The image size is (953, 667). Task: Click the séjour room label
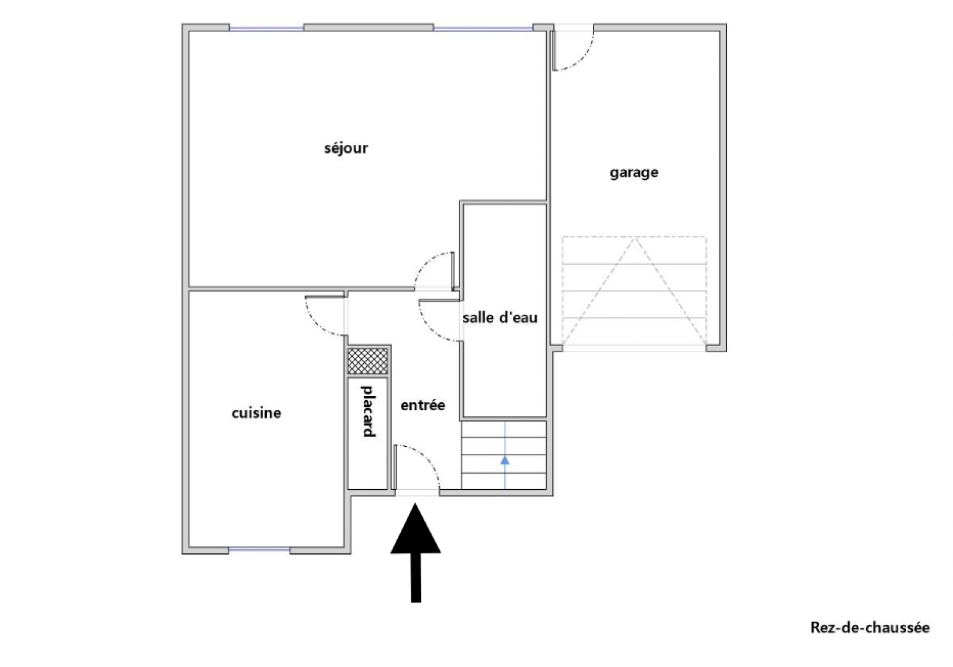click(x=346, y=148)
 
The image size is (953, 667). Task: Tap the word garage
click(x=634, y=172)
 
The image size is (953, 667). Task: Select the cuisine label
click(x=256, y=413)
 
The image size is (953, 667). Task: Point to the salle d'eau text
click(x=500, y=317)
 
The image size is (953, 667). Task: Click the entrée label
click(x=422, y=405)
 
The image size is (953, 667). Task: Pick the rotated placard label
click(x=368, y=411)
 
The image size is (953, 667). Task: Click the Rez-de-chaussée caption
click(x=870, y=627)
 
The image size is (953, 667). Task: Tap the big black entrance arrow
click(x=416, y=550)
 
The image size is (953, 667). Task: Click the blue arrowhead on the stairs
click(x=505, y=459)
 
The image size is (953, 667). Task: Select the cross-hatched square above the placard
click(x=367, y=361)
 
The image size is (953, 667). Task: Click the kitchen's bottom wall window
click(x=259, y=549)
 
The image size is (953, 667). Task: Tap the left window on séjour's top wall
click(x=266, y=28)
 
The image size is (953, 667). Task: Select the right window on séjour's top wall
click(x=482, y=28)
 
